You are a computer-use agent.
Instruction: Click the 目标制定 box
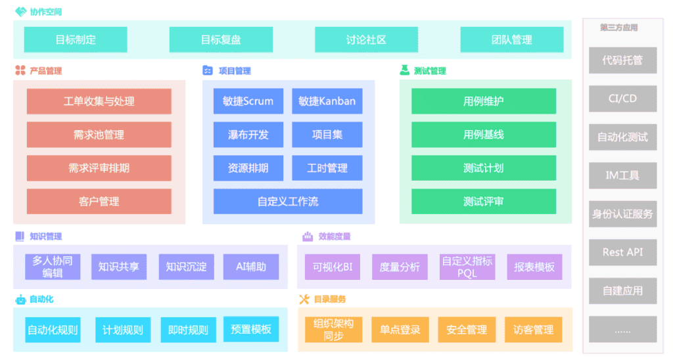tap(76, 39)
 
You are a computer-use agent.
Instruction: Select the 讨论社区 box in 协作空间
tap(366, 39)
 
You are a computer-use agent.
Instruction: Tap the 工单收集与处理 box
tap(99, 101)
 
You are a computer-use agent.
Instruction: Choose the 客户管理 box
tap(99, 201)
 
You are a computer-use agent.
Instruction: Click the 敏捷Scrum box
tap(248, 101)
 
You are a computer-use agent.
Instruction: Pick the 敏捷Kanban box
tap(327, 101)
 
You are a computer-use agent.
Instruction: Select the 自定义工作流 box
tap(287, 201)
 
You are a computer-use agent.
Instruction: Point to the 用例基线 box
tap(483, 135)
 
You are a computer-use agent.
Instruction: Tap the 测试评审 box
tap(483, 201)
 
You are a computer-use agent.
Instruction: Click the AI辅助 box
tap(250, 267)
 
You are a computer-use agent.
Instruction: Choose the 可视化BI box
tap(333, 267)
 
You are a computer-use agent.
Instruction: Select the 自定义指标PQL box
tap(467, 267)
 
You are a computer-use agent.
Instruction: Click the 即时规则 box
tap(187, 330)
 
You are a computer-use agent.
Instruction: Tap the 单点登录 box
tap(400, 330)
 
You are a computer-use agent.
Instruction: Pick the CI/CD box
tap(622, 99)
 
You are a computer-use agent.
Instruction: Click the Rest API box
tap(622, 252)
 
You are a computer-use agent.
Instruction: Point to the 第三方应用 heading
tap(618, 28)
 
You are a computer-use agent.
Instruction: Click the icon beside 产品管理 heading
tap(20, 71)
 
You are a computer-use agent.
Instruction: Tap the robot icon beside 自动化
tap(20, 300)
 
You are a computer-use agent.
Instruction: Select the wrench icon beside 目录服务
tap(304, 300)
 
